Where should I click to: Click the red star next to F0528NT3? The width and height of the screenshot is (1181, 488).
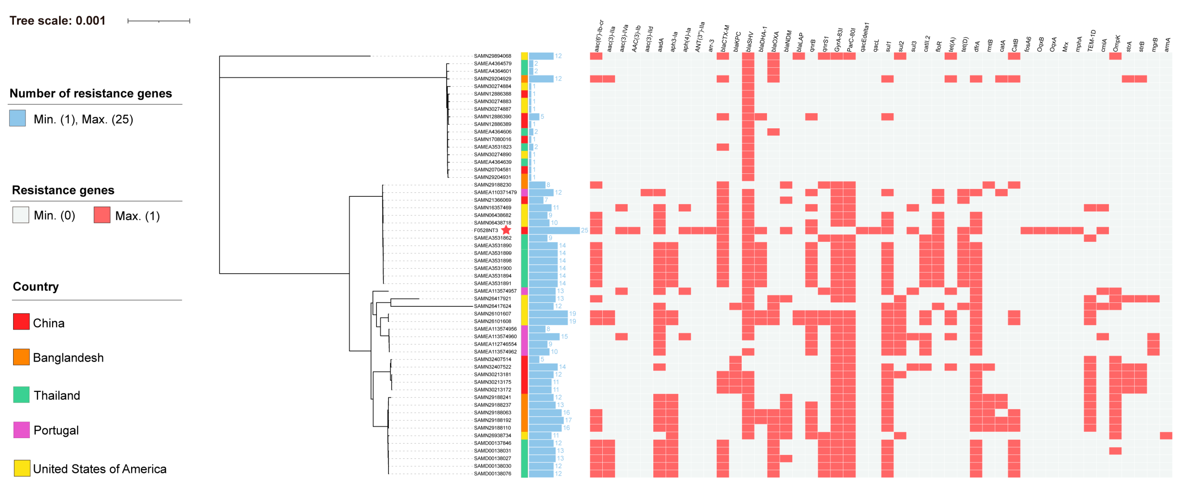506,230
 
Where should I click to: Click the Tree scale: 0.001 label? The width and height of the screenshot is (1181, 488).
57,20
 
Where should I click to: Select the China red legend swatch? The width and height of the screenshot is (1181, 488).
21,322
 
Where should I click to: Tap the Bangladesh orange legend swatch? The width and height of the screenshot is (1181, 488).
21,357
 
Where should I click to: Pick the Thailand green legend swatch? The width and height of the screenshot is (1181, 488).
21,394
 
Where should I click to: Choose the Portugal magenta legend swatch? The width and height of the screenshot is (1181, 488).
21,430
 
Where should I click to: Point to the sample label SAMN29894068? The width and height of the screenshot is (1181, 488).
492,56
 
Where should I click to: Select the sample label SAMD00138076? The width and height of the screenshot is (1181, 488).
492,473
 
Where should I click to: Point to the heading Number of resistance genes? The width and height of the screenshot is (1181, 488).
91,94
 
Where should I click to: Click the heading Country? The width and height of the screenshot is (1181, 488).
36,286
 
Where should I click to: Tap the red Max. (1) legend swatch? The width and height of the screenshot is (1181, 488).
102,215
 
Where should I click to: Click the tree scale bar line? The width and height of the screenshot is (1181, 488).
159,20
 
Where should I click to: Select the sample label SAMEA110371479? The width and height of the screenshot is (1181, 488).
495,192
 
